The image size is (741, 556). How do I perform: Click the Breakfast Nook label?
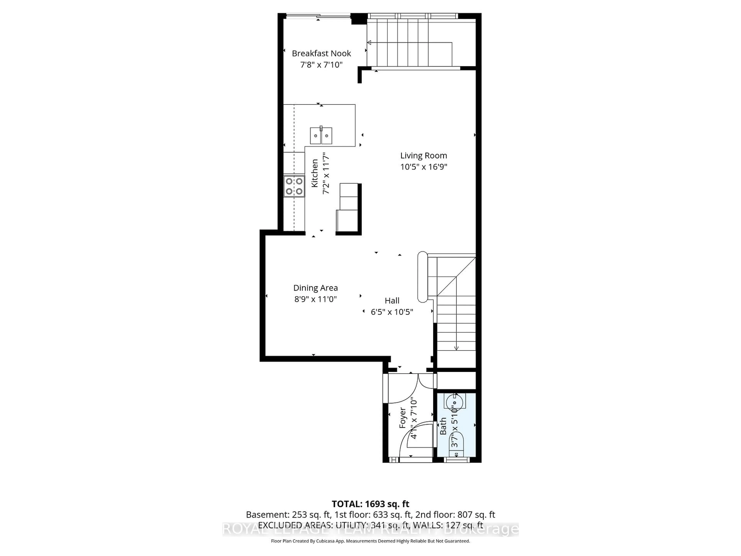tap(321, 53)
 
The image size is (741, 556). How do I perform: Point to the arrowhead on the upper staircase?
tap(369, 42)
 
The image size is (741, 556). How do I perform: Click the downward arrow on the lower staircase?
tap(456, 348)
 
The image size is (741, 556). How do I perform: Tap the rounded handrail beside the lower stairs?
tap(422, 277)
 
